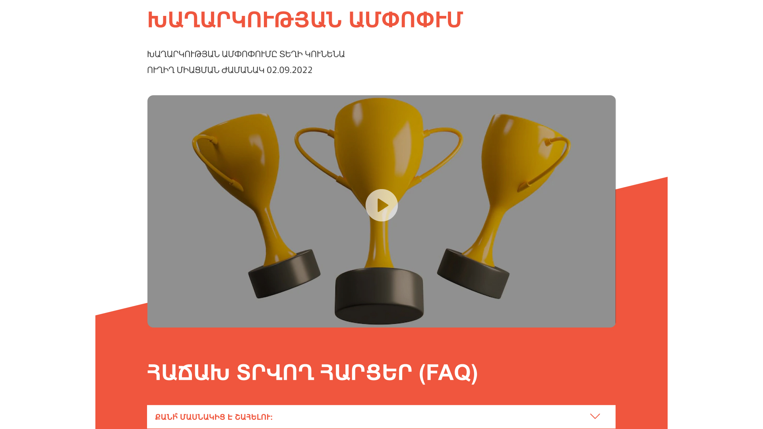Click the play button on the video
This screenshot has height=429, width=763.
(381, 205)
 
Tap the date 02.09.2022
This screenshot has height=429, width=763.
(289, 70)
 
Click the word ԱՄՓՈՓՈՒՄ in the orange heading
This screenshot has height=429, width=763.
(406, 20)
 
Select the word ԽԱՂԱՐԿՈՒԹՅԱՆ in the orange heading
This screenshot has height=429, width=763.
(244, 20)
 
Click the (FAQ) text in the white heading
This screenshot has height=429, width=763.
(448, 373)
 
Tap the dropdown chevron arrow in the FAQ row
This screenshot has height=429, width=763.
(595, 416)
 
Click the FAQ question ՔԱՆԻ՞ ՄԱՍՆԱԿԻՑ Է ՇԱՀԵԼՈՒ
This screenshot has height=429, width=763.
(214, 417)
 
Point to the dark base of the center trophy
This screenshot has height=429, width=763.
(380, 296)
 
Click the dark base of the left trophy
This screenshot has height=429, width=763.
(285, 274)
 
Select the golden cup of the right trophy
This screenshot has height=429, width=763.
(521, 159)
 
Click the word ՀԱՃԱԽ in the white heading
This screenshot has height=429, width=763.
(188, 373)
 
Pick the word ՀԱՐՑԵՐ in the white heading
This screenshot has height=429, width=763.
(366, 373)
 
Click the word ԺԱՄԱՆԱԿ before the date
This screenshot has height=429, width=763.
(243, 70)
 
